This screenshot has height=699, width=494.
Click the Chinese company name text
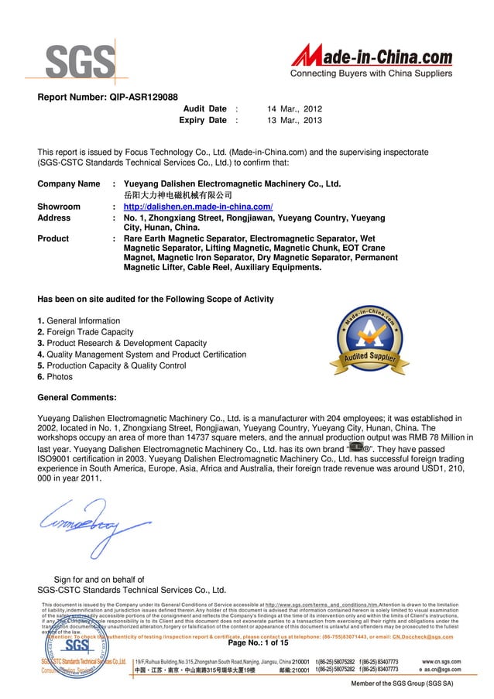tap(178, 196)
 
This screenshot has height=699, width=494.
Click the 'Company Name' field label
tap(69, 184)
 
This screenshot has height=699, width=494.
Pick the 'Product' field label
tap(53, 239)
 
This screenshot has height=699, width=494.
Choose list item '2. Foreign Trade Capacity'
tap(86, 332)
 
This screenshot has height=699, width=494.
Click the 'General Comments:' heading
tap(77, 398)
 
